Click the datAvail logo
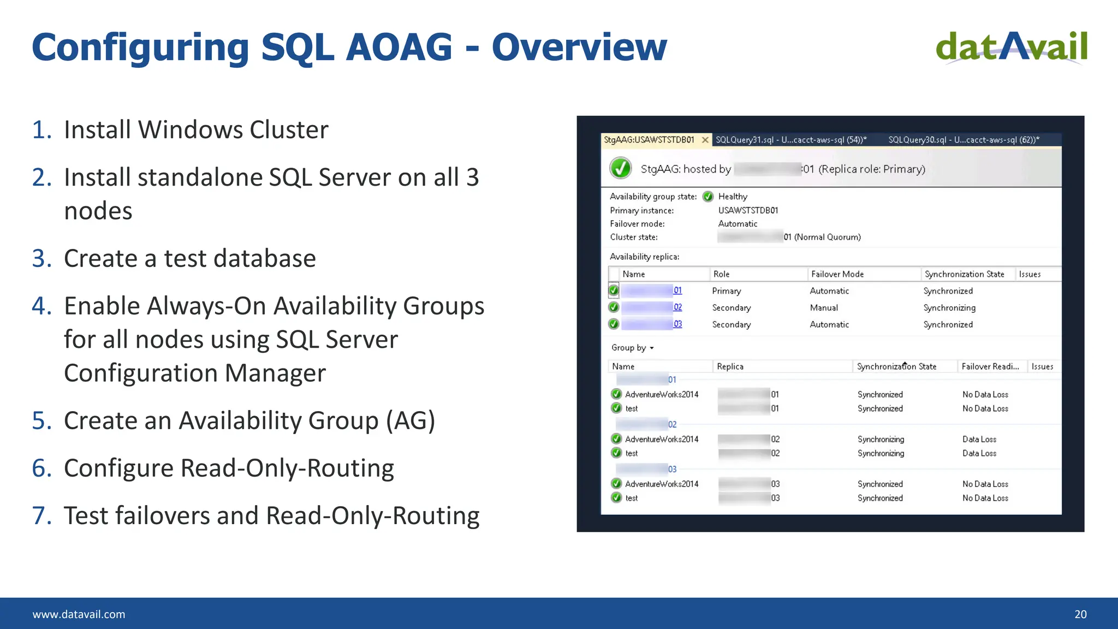point(1012,47)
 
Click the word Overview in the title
point(579,47)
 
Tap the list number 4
point(41,306)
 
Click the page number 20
point(1080,614)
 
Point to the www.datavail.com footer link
point(79,614)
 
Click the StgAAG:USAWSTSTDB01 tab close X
point(705,140)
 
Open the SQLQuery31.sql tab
point(790,140)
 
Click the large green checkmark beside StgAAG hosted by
point(621,168)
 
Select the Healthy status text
point(733,197)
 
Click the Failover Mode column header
point(837,274)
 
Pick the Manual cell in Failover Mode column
point(824,308)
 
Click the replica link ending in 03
point(677,324)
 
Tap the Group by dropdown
point(632,348)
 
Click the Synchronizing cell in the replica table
point(949,308)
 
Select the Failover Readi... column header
point(990,366)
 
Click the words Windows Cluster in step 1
point(233,130)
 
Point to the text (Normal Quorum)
point(827,237)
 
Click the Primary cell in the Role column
point(726,291)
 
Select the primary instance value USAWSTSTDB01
point(748,210)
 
